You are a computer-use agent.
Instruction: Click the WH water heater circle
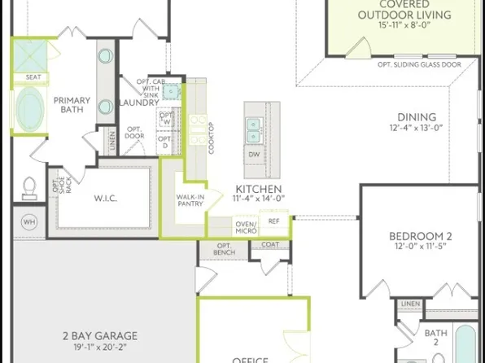tap(29, 222)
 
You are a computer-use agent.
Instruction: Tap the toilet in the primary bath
tap(30, 188)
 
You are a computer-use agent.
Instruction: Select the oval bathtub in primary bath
tap(31, 107)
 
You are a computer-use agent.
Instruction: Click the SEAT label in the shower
tap(33, 77)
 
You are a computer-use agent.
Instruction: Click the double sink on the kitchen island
tap(253, 126)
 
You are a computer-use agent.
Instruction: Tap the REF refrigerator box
tap(273, 221)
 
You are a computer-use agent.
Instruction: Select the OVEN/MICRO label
tap(246, 227)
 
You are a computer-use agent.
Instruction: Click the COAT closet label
tap(270, 244)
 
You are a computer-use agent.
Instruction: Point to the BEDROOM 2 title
tap(420, 237)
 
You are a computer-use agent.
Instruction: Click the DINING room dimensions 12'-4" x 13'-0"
tap(417, 128)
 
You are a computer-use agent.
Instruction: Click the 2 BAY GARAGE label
tap(100, 335)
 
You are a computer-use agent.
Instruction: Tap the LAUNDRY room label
tap(139, 103)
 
